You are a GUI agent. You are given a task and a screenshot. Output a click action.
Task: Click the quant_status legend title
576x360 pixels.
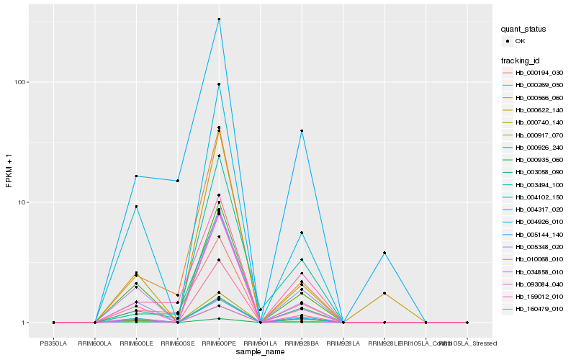tap(523, 30)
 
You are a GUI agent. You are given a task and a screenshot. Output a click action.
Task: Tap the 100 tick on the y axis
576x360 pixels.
tap(20, 82)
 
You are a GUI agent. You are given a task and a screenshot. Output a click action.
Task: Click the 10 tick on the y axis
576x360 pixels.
tap(22, 202)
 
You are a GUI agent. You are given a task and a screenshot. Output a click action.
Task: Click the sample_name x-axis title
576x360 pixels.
tap(260, 352)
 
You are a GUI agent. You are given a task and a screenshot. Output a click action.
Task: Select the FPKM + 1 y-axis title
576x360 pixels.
tap(9, 170)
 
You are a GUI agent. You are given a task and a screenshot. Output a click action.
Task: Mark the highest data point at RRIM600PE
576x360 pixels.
tap(219, 19)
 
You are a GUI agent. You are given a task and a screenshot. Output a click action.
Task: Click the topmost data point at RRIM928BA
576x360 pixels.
tap(302, 130)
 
